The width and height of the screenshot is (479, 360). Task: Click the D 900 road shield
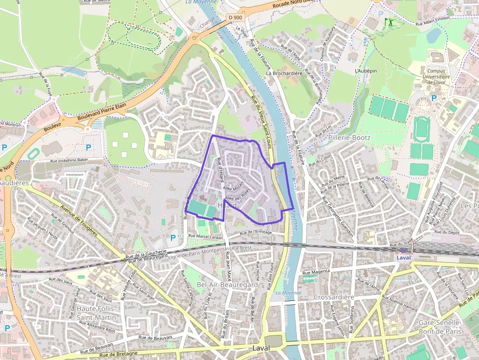pyautogui.click(x=235, y=18)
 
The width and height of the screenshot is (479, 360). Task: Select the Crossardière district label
pyautogui.click(x=334, y=297)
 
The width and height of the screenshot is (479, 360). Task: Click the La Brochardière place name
pyautogui.click(x=284, y=73)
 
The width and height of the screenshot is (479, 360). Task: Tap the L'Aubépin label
pyautogui.click(x=366, y=71)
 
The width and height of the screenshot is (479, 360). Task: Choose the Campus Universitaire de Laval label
pyautogui.click(x=435, y=76)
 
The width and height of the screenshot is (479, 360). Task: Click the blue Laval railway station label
pyautogui.click(x=404, y=257)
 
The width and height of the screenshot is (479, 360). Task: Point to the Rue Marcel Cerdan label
pyautogui.click(x=206, y=237)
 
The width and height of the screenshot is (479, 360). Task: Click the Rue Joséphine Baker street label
pyautogui.click(x=69, y=160)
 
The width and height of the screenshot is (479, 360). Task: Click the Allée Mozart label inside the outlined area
pyautogui.click(x=233, y=188)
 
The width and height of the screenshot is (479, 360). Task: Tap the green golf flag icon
pyautogui.click(x=389, y=22)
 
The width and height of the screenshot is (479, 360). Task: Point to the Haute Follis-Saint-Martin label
pyautogui.click(x=96, y=313)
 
